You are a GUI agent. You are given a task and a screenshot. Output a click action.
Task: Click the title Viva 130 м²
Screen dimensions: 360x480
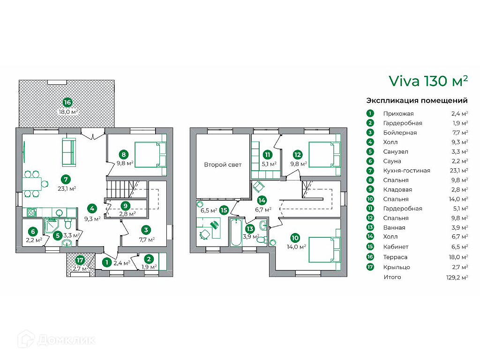pyautogui.click(x=428, y=81)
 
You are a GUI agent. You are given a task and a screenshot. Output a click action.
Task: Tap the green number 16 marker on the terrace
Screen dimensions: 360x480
pyautogui.click(x=67, y=102)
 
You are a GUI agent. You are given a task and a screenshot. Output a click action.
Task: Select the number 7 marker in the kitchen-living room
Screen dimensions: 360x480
pyautogui.click(x=66, y=179)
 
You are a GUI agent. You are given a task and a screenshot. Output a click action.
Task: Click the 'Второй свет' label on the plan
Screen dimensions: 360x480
pyautogui.click(x=223, y=165)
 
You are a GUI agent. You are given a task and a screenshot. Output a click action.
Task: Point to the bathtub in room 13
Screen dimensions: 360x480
pyautogui.click(x=235, y=232)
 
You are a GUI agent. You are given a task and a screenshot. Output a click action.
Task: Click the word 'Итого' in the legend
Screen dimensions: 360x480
pyautogui.click(x=392, y=277)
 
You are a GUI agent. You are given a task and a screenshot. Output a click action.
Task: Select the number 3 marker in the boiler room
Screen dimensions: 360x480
pyautogui.click(x=146, y=230)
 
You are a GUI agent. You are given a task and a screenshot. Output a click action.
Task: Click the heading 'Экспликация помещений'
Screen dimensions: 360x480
pyautogui.click(x=417, y=100)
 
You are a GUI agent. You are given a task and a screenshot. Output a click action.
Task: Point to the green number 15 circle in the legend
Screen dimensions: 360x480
pyautogui.click(x=370, y=247)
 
